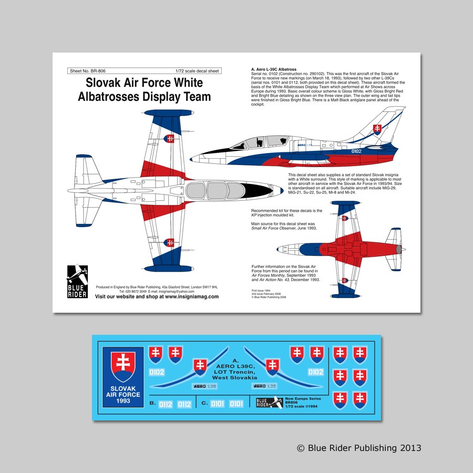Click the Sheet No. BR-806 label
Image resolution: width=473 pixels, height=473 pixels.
click(84, 70)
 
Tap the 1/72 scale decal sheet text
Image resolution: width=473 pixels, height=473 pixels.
click(197, 70)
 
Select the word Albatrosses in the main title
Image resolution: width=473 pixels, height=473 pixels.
click(110, 97)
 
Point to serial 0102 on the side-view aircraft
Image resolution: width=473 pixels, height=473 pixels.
click(356, 151)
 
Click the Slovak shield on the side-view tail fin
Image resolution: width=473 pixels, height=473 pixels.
click(377, 129)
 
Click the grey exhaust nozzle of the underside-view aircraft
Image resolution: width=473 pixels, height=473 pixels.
click(403, 248)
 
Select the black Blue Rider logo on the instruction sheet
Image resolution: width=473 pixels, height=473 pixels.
click(77, 281)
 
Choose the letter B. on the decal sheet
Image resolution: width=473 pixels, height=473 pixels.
click(152, 404)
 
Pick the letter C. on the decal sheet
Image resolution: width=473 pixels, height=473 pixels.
click(204, 404)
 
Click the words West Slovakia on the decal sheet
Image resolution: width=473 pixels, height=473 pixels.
click(235, 378)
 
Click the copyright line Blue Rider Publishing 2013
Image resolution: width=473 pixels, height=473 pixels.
click(359, 448)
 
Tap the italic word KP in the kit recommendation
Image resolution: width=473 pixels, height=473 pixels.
click(254, 215)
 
